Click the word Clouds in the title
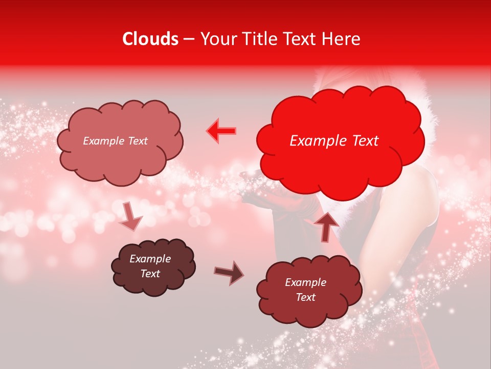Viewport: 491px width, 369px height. (150, 39)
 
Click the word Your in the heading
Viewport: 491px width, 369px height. (219, 39)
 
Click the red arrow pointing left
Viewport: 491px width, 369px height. (221, 131)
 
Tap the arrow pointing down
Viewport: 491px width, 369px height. (130, 216)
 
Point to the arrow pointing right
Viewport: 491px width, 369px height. (229, 273)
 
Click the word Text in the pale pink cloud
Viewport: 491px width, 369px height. (137, 141)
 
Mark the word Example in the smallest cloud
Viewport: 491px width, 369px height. (150, 259)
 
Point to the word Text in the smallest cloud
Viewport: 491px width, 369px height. (150, 274)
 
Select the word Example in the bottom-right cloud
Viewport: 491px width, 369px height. (306, 282)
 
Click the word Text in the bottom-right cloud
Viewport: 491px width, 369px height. (306, 297)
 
